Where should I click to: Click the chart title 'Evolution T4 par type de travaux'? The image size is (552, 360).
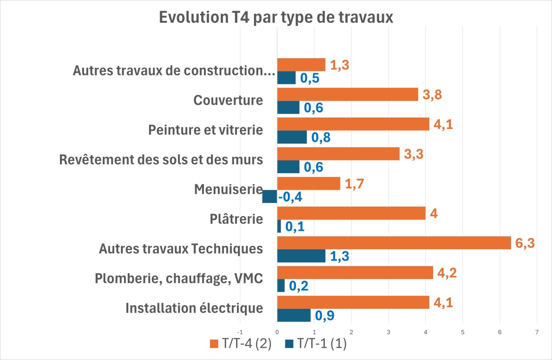coord(276,18)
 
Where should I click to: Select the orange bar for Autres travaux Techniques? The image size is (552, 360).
coord(394,243)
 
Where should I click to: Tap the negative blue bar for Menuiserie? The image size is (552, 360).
coord(270,197)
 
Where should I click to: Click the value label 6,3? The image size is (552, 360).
coord(525,243)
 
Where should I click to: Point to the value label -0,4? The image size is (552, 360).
coord(290,197)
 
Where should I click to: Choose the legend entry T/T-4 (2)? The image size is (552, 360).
coord(240,344)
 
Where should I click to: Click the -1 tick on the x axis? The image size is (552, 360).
coord(240,332)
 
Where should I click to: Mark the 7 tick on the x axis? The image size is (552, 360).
coord(537,332)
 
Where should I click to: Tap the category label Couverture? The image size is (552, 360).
coord(228,101)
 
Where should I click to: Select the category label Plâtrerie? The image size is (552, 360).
coord(236,219)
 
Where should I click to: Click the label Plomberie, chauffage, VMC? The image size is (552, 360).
coord(179,278)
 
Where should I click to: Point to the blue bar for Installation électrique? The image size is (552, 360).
coord(294,315)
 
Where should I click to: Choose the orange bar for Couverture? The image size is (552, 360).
coord(347,94)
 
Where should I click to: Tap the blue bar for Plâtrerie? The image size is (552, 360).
coord(279,226)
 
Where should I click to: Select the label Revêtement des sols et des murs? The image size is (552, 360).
coord(161,160)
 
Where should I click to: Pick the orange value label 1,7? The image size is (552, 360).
coord(354,184)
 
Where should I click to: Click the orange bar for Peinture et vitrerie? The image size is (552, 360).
coord(353,124)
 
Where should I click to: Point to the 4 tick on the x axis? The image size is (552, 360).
coord(425,332)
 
